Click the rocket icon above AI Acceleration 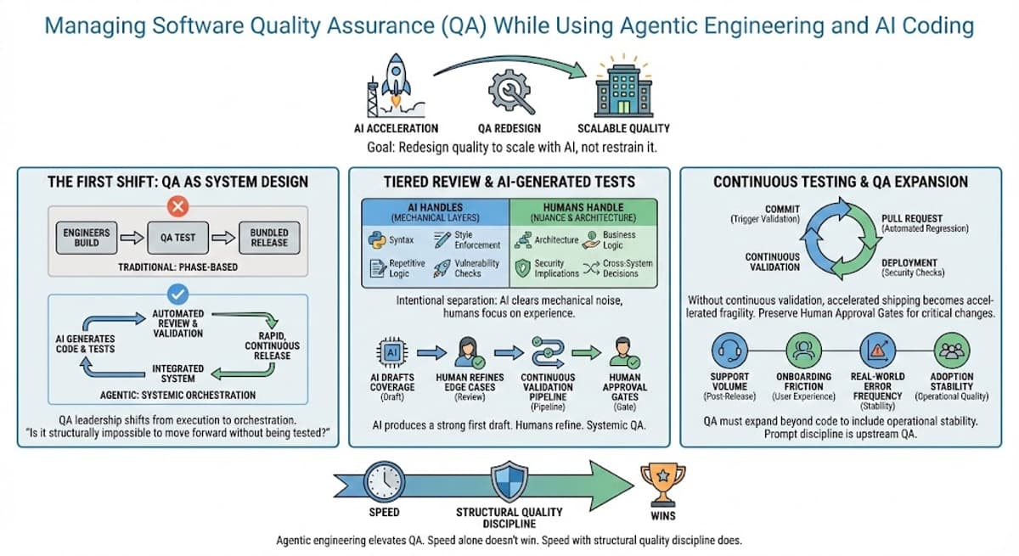click(x=395, y=83)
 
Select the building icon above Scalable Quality click(x=622, y=86)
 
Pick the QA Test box click(x=179, y=239)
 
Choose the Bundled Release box click(x=268, y=238)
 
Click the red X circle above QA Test click(x=179, y=206)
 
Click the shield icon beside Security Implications click(x=522, y=268)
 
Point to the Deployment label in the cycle click(x=909, y=262)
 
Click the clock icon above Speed click(x=384, y=482)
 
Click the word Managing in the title click(x=87, y=25)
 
